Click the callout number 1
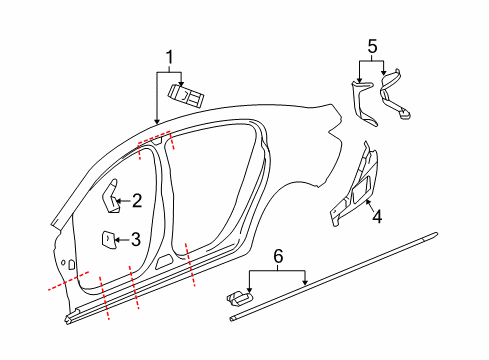[169, 58]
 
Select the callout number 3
[136, 238]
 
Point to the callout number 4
[377, 214]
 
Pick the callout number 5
[372, 45]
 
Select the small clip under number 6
[239, 297]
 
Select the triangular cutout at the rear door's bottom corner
[164, 263]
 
